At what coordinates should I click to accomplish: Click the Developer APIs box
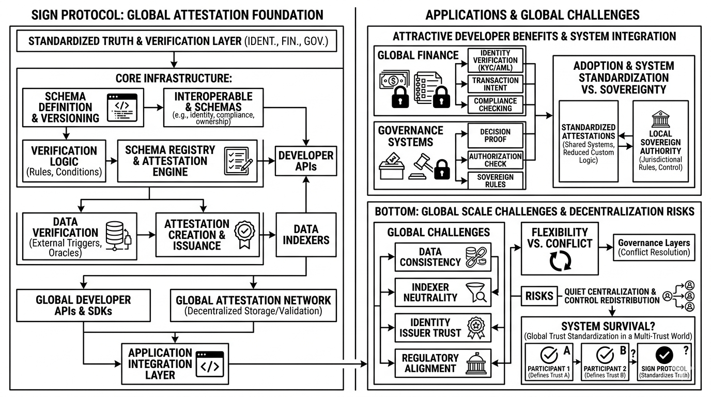(x=307, y=161)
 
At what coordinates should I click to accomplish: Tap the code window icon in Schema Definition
(x=121, y=108)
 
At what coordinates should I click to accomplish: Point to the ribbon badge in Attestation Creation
(x=243, y=234)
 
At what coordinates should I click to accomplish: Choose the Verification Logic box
(x=64, y=161)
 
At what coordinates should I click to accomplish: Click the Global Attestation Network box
(x=253, y=305)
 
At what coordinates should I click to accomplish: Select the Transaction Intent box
(x=496, y=84)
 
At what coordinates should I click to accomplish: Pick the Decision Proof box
(x=496, y=135)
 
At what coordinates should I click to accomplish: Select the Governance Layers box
(x=653, y=247)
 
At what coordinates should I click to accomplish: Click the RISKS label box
(x=539, y=296)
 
